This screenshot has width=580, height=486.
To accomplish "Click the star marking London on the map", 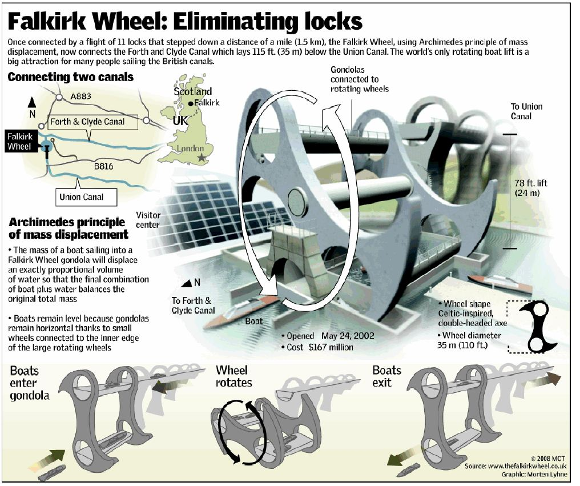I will click(200, 157).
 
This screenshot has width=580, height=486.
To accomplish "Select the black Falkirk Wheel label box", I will click(19, 141).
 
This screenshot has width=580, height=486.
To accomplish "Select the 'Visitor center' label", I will click(148, 220).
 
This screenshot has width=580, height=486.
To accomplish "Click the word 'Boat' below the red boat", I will click(254, 321).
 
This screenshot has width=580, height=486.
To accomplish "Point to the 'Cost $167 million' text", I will click(320, 347).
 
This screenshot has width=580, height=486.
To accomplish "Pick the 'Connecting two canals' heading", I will click(71, 77).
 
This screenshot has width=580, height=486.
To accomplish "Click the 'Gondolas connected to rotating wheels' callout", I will click(360, 79).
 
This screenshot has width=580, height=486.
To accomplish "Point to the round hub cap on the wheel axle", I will click(299, 201).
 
